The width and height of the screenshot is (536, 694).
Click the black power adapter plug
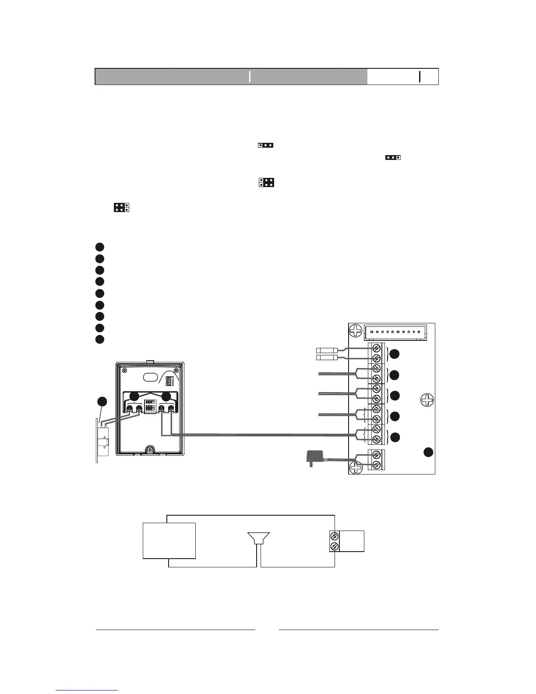[x=312, y=458]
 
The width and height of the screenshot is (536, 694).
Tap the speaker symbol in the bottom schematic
[x=258, y=538]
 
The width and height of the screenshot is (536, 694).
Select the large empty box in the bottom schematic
[x=169, y=540]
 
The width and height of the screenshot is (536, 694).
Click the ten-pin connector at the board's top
[x=395, y=332]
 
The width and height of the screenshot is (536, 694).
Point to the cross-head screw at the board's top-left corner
[x=356, y=330]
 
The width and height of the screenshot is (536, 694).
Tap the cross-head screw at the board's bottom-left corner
[x=356, y=467]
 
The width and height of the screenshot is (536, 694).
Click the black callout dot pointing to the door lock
[x=102, y=401]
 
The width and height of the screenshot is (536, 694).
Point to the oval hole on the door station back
[x=150, y=376]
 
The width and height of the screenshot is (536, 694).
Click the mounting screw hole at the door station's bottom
[x=150, y=450]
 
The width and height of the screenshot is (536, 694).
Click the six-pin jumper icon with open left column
[x=266, y=182]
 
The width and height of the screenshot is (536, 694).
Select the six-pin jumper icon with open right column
[x=121, y=207]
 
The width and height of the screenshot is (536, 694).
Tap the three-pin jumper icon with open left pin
[x=266, y=145]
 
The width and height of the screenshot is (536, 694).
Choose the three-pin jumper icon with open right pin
[x=393, y=157]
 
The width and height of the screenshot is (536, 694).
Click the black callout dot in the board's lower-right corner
[x=428, y=452]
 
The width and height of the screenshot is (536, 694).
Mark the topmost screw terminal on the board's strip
[x=376, y=349]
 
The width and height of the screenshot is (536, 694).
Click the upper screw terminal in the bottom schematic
[x=334, y=536]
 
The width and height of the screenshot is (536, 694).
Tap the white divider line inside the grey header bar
[x=250, y=76]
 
